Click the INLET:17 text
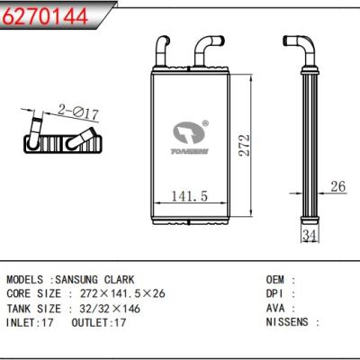(x=31, y=321)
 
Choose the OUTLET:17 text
(x=101, y=321)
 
